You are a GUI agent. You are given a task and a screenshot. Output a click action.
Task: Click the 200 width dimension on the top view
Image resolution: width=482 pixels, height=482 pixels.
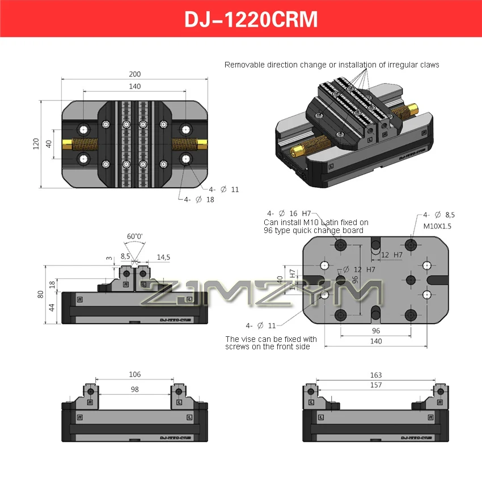click(134, 74)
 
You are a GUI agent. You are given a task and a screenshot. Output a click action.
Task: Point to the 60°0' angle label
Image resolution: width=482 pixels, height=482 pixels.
click(134, 236)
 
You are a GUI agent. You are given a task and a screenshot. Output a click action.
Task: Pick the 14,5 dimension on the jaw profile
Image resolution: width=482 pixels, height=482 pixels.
click(163, 257)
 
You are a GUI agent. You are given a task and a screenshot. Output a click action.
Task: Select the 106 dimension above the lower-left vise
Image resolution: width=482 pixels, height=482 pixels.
click(134, 374)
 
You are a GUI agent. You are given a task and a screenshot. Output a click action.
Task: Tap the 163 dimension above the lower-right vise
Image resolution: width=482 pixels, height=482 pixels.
click(375, 375)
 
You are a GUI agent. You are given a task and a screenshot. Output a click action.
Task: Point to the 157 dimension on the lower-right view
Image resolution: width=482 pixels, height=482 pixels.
click(375, 386)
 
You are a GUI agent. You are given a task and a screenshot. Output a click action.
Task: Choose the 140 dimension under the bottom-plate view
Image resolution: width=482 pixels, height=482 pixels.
click(375, 341)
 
